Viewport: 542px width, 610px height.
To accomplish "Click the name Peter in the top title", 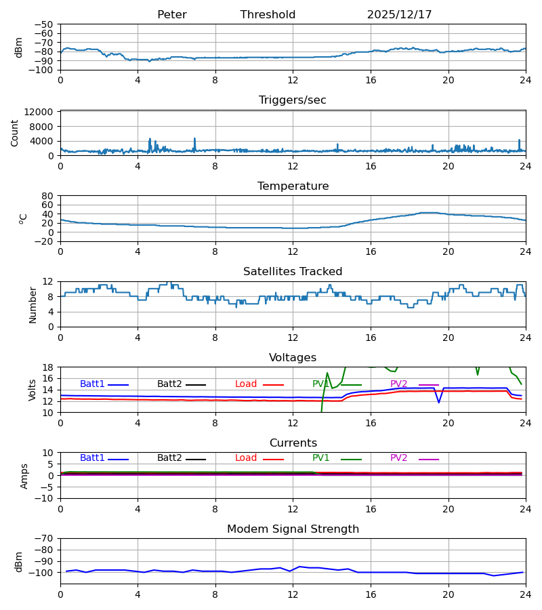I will [x=171, y=15].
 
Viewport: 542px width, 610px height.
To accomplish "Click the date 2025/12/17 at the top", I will [x=399, y=15].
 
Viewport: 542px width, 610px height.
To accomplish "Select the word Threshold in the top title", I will [x=268, y=15].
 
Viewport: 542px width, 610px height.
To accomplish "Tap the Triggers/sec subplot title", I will [x=293, y=100].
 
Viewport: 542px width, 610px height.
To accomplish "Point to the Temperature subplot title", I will [x=293, y=186].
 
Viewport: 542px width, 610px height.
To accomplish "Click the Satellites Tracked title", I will [x=293, y=272].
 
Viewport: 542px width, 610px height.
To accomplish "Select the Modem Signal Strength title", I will [x=293, y=529].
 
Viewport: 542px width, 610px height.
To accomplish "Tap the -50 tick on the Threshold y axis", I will [x=45, y=24].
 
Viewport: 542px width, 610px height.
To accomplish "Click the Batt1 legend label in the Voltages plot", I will [x=92, y=384].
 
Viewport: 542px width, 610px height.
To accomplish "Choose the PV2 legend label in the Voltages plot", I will [x=399, y=384].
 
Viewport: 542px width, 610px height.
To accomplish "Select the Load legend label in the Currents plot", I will [x=246, y=458].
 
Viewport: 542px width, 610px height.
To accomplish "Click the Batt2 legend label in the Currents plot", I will [x=169, y=458].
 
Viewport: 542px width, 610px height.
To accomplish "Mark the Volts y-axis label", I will [x=33, y=390].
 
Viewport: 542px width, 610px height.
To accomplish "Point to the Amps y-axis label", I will [x=25, y=476].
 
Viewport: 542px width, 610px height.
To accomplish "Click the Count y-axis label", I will [x=15, y=133].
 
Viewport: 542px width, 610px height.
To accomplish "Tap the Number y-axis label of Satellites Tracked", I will [x=33, y=304].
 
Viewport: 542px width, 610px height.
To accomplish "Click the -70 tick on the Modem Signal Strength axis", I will [x=45, y=538].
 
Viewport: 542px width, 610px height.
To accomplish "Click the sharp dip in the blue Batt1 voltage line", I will [x=438, y=403].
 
